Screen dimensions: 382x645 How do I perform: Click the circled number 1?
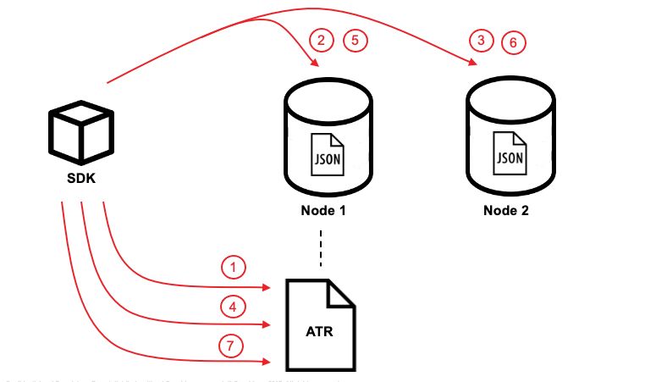[x=233, y=269]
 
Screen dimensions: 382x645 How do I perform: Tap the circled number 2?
[x=321, y=40]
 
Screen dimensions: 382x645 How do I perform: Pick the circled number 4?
[x=233, y=306]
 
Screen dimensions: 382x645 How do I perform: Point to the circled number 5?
[x=355, y=40]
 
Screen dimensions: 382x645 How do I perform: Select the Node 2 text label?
[x=506, y=210]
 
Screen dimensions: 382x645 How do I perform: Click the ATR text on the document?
[x=320, y=330]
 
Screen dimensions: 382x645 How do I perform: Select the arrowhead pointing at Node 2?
[x=470, y=62]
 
